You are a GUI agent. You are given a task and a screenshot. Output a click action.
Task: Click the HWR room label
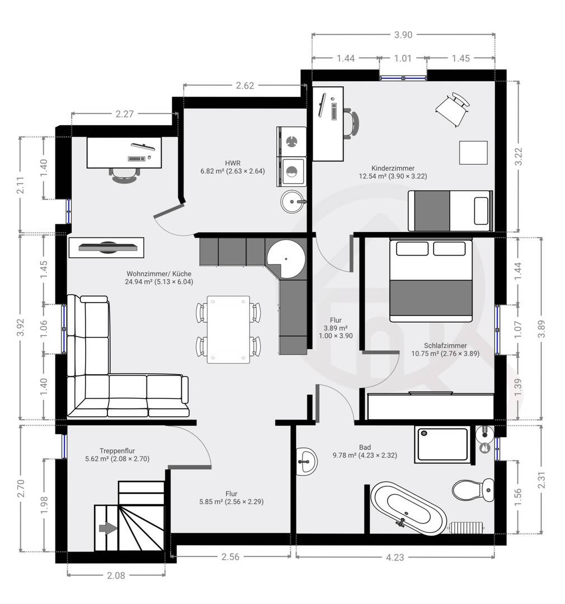233,163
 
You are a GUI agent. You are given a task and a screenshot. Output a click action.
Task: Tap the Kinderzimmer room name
393,168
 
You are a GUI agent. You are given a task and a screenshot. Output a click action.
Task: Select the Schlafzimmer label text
445,346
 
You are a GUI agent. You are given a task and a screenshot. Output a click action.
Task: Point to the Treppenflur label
117,451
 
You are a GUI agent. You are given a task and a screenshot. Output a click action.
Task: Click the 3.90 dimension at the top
403,35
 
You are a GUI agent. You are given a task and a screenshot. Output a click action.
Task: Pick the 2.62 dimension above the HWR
245,86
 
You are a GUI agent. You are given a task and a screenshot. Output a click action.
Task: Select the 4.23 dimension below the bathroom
394,557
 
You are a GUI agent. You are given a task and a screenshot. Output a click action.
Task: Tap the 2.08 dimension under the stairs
116,575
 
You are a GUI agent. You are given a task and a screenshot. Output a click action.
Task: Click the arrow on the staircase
108,528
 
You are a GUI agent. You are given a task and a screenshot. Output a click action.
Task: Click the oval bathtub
408,508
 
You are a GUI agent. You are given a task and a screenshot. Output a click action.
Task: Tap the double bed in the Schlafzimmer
431,280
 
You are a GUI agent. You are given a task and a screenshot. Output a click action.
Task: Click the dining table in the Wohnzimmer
229,329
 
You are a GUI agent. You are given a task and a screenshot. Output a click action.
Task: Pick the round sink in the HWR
293,201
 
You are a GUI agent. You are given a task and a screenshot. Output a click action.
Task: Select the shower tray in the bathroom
442,444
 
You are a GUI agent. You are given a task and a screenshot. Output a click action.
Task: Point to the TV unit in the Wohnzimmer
106,247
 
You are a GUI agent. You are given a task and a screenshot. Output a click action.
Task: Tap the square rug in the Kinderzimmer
473,153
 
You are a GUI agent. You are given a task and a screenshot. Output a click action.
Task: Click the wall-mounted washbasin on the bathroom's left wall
307,461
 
